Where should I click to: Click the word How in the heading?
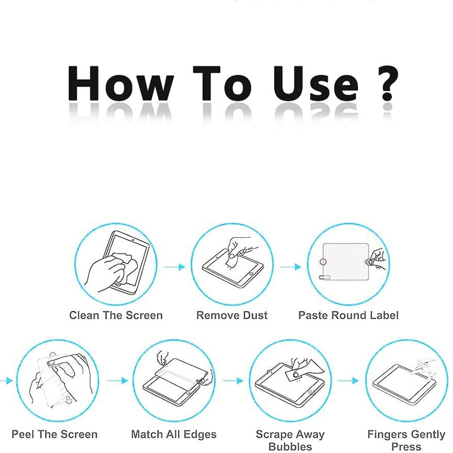point(121,83)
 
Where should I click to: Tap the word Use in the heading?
point(316,84)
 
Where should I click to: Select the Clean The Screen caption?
point(116,315)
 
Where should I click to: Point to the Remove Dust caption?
point(232,315)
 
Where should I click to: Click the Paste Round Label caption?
point(348,315)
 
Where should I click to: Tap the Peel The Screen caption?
point(54,434)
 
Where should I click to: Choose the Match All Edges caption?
point(174,434)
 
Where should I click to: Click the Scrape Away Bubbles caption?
point(290,441)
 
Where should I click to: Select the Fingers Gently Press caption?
point(406,441)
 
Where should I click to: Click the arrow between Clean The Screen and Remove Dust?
point(174,267)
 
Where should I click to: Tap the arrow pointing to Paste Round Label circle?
point(290,267)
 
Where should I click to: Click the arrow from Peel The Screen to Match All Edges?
point(118,381)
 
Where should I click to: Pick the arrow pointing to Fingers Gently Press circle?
point(348,381)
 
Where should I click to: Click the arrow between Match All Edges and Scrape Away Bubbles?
point(233,381)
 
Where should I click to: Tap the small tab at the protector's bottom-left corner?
point(324,277)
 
